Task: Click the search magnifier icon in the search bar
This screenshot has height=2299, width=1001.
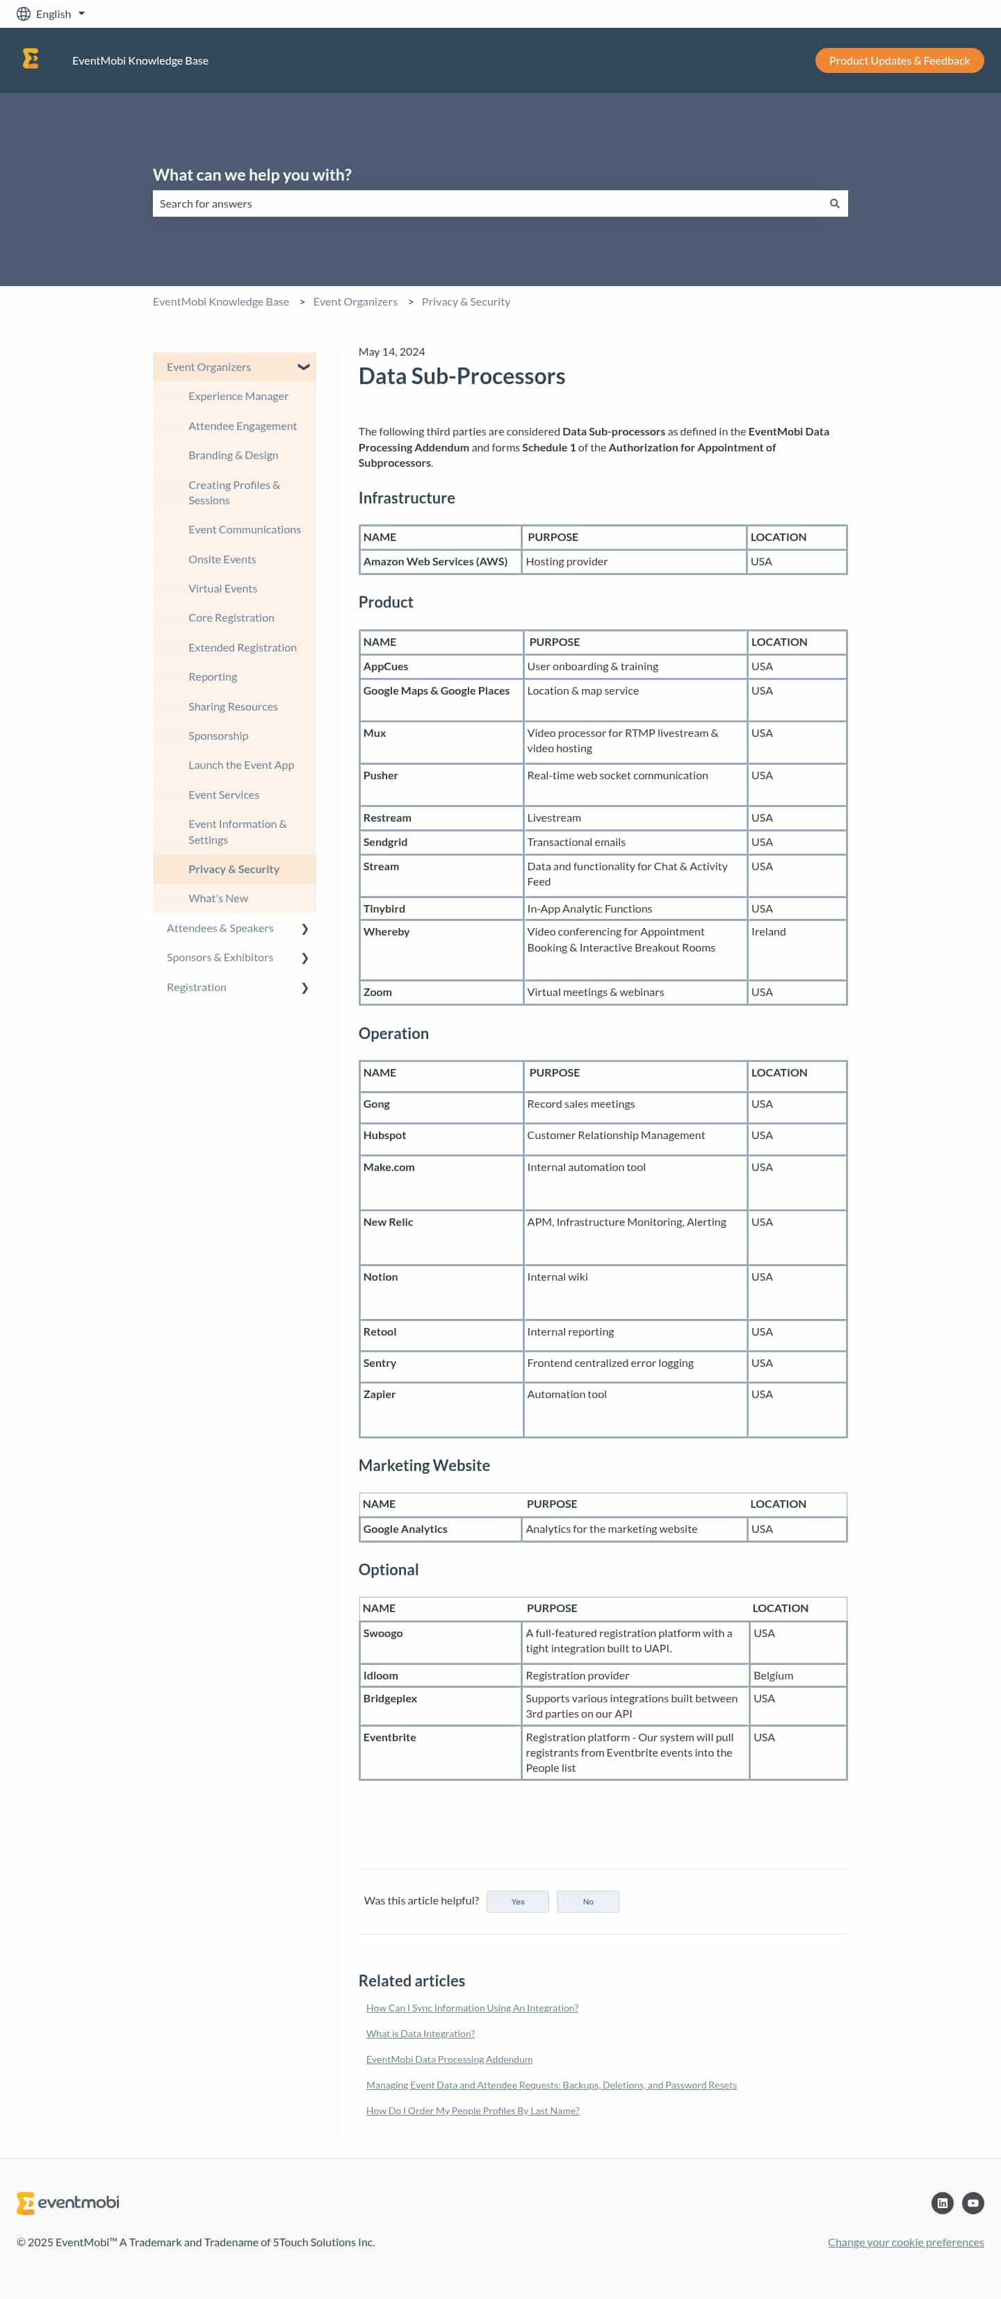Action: (834, 204)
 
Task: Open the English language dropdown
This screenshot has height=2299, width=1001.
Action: (52, 15)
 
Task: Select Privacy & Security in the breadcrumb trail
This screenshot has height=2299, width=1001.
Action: (465, 301)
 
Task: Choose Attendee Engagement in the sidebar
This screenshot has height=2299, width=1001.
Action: (242, 426)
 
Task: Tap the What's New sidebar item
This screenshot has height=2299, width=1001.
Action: (218, 899)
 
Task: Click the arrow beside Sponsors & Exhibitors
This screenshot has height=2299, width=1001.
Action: (304, 958)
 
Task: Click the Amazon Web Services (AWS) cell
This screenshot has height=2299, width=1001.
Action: (435, 561)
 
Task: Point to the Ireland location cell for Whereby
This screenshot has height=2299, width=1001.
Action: (768, 931)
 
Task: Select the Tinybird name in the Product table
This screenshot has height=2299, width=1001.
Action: (384, 908)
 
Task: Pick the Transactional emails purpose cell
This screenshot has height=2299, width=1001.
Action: (576, 842)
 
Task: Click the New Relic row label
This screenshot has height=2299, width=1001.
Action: (388, 1222)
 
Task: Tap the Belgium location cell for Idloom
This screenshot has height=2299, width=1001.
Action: (772, 1675)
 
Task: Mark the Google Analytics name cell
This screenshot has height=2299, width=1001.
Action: (405, 1529)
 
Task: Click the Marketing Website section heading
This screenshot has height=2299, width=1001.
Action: (423, 1465)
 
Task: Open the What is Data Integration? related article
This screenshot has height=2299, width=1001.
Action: (420, 2033)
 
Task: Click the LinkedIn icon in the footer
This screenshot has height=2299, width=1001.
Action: (941, 2202)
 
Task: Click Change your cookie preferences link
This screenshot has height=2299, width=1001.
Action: (904, 2242)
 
